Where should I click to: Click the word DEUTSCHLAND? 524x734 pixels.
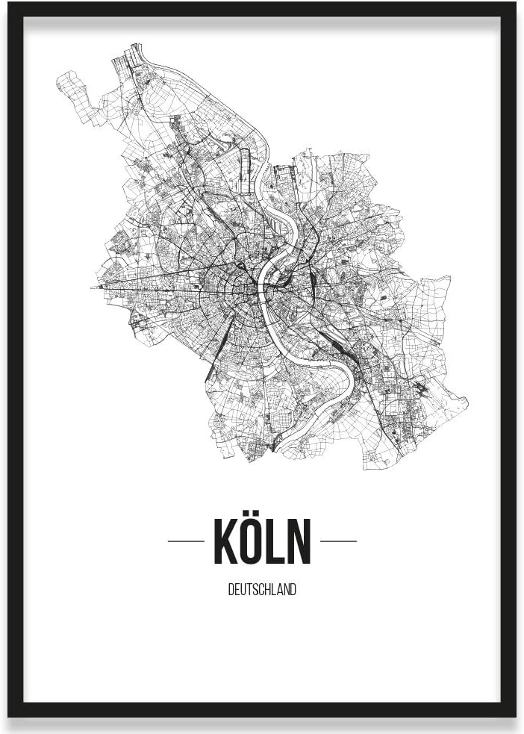[x=262, y=590]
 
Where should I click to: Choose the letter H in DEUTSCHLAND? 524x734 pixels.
[x=269, y=590]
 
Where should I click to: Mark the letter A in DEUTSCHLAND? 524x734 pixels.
[x=281, y=590]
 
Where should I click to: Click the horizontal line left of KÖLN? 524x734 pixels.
[x=186, y=541]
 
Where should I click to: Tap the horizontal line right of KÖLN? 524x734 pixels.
[x=338, y=541]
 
